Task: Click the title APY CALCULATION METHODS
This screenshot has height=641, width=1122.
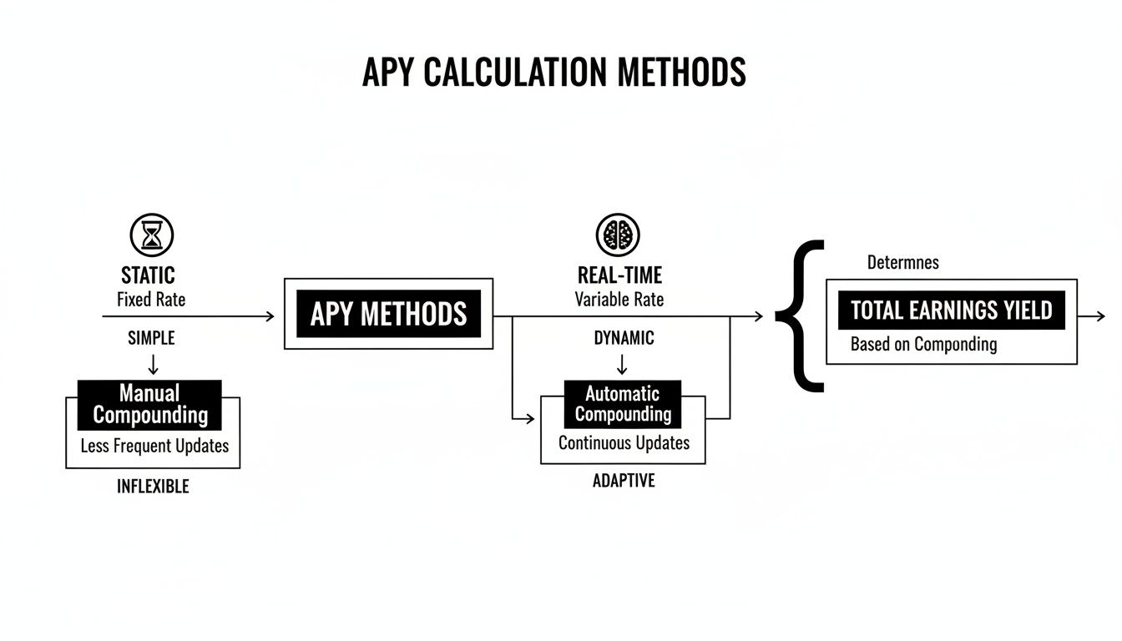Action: [553, 73]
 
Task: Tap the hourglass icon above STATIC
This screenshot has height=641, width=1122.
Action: [152, 235]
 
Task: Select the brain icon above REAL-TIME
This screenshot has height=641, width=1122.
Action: [618, 235]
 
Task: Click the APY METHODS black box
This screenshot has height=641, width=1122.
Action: [388, 314]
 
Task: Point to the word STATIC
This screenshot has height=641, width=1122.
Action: [149, 275]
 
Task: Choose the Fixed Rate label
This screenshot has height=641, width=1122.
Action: [151, 299]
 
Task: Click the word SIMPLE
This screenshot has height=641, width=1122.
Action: [151, 338]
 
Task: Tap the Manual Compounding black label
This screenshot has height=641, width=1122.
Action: [150, 404]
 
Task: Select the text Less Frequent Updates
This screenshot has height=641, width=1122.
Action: [154, 446]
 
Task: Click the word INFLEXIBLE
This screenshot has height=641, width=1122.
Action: [153, 487]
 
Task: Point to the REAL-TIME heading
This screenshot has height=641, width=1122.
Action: [619, 275]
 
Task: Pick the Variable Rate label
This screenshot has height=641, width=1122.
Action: [619, 299]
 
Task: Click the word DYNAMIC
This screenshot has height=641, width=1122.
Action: [624, 338]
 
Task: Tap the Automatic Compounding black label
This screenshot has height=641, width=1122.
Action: [623, 404]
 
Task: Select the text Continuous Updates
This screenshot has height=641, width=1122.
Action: [624, 443]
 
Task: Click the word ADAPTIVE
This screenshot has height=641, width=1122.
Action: [624, 481]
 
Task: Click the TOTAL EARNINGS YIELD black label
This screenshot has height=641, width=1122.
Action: [951, 311]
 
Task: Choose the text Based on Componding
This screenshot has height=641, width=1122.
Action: [923, 344]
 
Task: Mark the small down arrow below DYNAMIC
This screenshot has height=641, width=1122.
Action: [622, 364]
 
